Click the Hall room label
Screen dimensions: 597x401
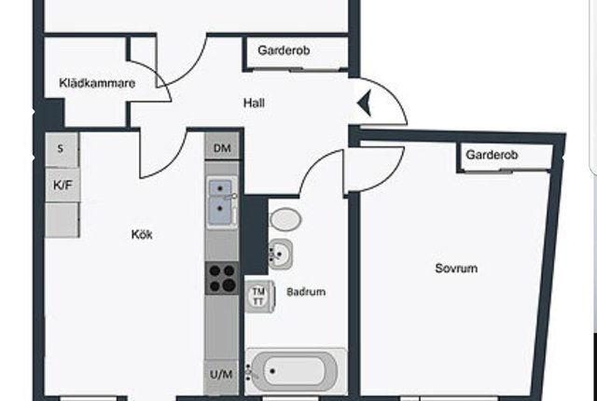(254, 103)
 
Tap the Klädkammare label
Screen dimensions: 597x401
(97, 83)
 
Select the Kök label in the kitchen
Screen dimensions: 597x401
(142, 234)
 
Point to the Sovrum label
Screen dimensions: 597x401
(456, 269)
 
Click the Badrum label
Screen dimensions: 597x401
(306, 292)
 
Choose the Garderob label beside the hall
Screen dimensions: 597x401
(284, 50)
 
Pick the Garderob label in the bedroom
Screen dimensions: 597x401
(492, 155)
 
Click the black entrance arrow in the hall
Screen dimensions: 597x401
(365, 103)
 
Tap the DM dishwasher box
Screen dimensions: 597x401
(222, 148)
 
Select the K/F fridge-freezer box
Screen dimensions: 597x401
(62, 186)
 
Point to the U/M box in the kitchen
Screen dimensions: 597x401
(222, 375)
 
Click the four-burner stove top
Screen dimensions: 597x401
(222, 278)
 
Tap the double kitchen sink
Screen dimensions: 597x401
(220, 202)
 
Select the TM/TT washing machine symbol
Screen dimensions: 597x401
(259, 297)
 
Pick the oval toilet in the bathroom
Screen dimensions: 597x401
(285, 219)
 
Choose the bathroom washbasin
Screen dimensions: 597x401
(280, 254)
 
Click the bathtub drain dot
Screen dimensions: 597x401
(272, 371)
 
